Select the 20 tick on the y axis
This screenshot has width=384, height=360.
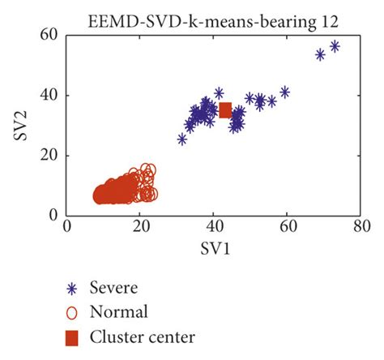point(52,156)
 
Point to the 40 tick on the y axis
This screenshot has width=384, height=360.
point(52,95)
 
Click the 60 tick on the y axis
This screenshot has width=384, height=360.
point(52,35)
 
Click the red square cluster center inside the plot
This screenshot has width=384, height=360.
point(225,110)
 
